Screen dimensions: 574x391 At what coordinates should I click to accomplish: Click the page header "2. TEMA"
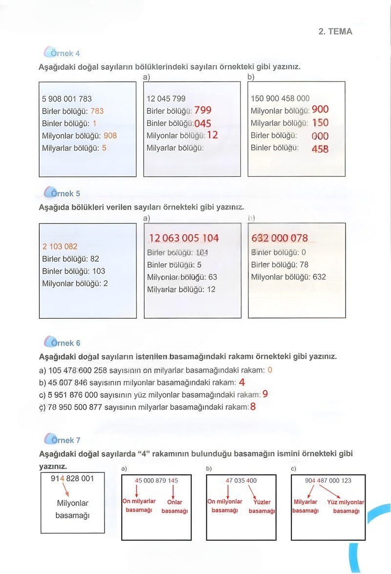click(335, 32)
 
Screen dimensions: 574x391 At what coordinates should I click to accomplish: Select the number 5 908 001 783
click(67, 99)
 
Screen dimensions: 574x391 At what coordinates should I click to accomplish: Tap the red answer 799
click(203, 110)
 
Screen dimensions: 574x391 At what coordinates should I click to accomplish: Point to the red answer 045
click(203, 123)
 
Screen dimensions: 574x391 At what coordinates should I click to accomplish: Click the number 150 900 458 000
click(280, 99)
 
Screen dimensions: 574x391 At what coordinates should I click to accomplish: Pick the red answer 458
click(320, 149)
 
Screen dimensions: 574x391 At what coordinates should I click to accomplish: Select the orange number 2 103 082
click(60, 246)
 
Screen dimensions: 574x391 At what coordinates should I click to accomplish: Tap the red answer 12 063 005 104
click(184, 238)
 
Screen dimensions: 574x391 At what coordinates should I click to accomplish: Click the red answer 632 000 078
click(280, 238)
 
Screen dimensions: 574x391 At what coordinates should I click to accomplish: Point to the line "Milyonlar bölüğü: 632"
click(288, 277)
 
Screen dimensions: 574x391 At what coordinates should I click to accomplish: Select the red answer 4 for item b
click(242, 383)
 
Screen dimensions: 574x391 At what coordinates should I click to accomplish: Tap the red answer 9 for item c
click(265, 394)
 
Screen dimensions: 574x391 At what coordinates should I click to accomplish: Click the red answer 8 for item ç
click(253, 406)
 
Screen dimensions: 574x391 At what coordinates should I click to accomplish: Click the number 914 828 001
click(72, 478)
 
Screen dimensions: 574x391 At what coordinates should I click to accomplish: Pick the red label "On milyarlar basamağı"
click(139, 506)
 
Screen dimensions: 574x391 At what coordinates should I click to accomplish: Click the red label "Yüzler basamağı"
click(262, 506)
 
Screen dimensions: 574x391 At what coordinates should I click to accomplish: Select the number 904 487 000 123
click(328, 481)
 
